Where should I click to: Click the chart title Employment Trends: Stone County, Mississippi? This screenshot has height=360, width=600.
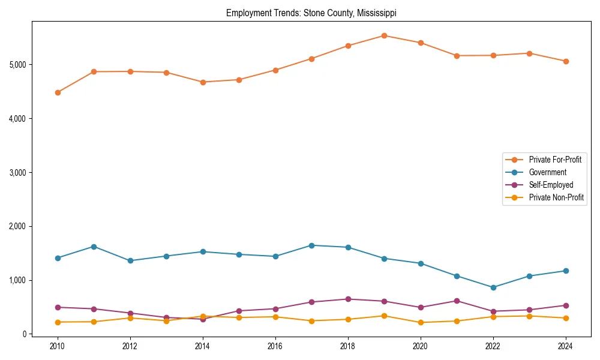311,13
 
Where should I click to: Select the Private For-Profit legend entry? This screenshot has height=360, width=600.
554,160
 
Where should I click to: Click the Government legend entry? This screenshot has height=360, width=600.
547,172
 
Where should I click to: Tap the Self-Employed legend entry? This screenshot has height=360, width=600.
551,185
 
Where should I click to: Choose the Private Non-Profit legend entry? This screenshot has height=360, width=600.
556,197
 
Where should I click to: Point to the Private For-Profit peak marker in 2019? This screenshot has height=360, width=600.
384,35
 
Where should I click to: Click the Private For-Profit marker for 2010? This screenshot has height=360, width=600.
58,92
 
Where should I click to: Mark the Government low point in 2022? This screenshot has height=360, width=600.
493,287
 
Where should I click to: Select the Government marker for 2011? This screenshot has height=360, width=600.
94,247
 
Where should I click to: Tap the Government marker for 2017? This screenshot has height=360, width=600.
312,245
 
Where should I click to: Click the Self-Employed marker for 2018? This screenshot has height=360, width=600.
348,299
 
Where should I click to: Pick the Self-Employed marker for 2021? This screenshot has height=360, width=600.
457,301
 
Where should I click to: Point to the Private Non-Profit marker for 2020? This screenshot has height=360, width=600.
421,322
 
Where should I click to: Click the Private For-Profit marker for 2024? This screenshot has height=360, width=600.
566,61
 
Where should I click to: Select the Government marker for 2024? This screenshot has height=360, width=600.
566,271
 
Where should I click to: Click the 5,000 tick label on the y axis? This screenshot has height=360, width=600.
17,65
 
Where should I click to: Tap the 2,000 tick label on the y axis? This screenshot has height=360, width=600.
17,226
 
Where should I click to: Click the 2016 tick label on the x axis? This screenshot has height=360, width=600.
275,346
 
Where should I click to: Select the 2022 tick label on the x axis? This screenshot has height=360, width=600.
493,346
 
